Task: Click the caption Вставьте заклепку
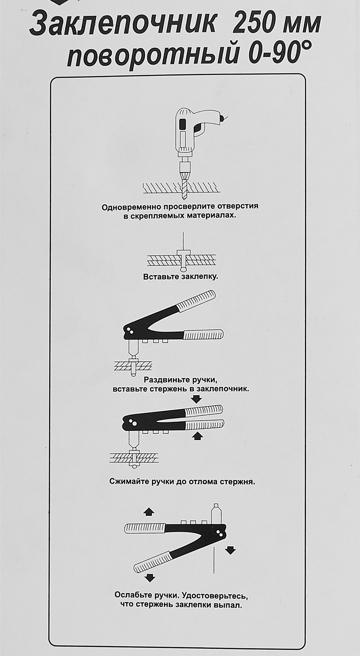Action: click(x=180, y=277)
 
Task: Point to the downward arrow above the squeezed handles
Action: click(x=197, y=399)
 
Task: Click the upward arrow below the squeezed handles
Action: click(x=197, y=436)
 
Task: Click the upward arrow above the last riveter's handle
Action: click(x=149, y=511)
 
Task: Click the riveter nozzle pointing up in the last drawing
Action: click(x=216, y=513)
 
